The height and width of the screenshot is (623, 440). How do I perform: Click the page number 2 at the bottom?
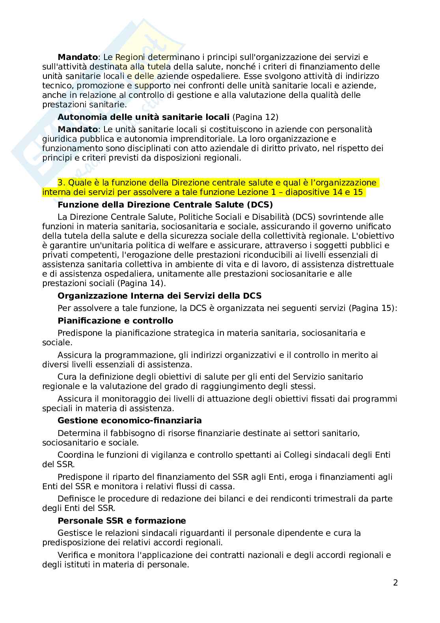pos(395,583)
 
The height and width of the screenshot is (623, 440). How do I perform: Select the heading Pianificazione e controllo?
pos(115,320)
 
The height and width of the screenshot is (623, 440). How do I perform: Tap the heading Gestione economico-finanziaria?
pos(129,421)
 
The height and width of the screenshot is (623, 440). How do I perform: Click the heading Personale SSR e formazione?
pos(121,520)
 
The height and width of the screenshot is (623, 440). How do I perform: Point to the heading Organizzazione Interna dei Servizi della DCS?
pos(159,296)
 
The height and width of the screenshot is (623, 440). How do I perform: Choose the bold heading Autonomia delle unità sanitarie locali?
pos(144,117)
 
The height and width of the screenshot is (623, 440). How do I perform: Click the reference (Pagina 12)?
pos(255,117)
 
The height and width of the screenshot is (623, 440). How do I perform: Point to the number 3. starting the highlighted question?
pos(62,183)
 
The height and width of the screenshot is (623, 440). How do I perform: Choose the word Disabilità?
pos(270,217)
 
